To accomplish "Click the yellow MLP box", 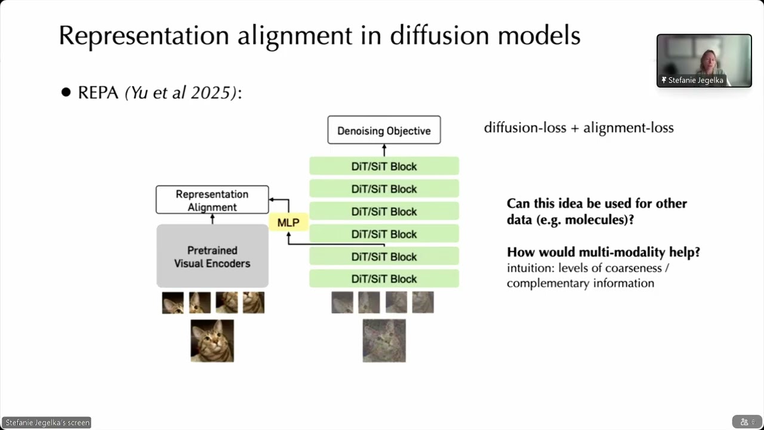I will click(x=288, y=223).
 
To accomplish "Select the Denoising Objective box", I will click(x=384, y=130).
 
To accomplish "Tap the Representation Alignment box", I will click(x=212, y=200).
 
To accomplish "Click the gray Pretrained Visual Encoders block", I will click(x=212, y=256).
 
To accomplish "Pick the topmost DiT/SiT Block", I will click(x=384, y=167).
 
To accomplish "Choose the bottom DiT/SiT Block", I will click(x=384, y=279).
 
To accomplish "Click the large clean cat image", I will click(x=212, y=340).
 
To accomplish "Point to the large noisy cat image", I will click(x=384, y=340).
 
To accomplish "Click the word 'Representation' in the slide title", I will click(x=143, y=36).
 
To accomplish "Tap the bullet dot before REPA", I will click(x=66, y=93).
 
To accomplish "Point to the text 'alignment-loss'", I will click(x=628, y=128).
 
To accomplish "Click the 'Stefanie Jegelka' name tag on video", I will click(x=694, y=80).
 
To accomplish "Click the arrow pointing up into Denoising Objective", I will click(x=384, y=150).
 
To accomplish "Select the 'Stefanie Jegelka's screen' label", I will click(x=47, y=423).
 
